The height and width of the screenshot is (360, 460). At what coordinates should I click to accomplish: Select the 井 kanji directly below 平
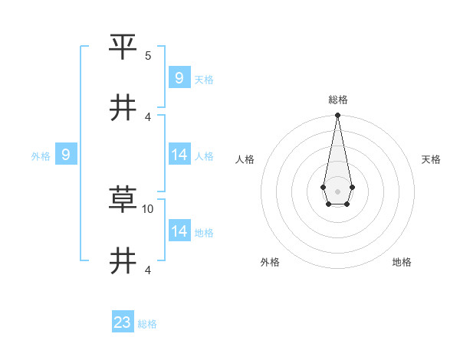point(123,108)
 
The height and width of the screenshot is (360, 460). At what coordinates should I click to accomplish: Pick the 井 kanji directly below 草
point(123,261)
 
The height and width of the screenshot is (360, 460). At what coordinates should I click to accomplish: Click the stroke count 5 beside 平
point(148,56)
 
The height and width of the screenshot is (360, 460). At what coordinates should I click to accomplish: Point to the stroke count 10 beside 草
point(149,208)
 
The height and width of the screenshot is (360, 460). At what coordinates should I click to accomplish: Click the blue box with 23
point(123,322)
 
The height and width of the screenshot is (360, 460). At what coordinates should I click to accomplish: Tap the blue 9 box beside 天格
point(179,77)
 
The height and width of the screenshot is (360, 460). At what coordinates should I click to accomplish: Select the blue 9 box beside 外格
point(66,155)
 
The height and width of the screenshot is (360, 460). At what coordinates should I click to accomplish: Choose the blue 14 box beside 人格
point(179,155)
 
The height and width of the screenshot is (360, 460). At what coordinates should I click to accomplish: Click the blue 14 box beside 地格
point(179,231)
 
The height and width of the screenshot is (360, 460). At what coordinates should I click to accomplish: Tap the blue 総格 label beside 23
point(147,324)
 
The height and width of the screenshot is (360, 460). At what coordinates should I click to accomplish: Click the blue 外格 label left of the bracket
point(41,156)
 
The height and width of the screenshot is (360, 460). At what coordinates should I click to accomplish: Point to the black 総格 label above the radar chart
point(338,100)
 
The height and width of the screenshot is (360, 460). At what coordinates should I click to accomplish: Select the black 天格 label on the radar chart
point(431,159)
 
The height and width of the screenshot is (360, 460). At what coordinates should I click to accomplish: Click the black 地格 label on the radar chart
point(402,262)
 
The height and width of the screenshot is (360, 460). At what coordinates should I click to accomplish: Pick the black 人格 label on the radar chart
point(245,159)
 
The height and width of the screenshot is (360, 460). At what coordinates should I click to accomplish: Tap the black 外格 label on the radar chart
point(270,262)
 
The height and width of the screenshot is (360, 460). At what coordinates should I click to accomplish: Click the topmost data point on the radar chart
point(337,116)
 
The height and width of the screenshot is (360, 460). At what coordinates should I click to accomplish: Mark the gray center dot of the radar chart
point(337,190)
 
